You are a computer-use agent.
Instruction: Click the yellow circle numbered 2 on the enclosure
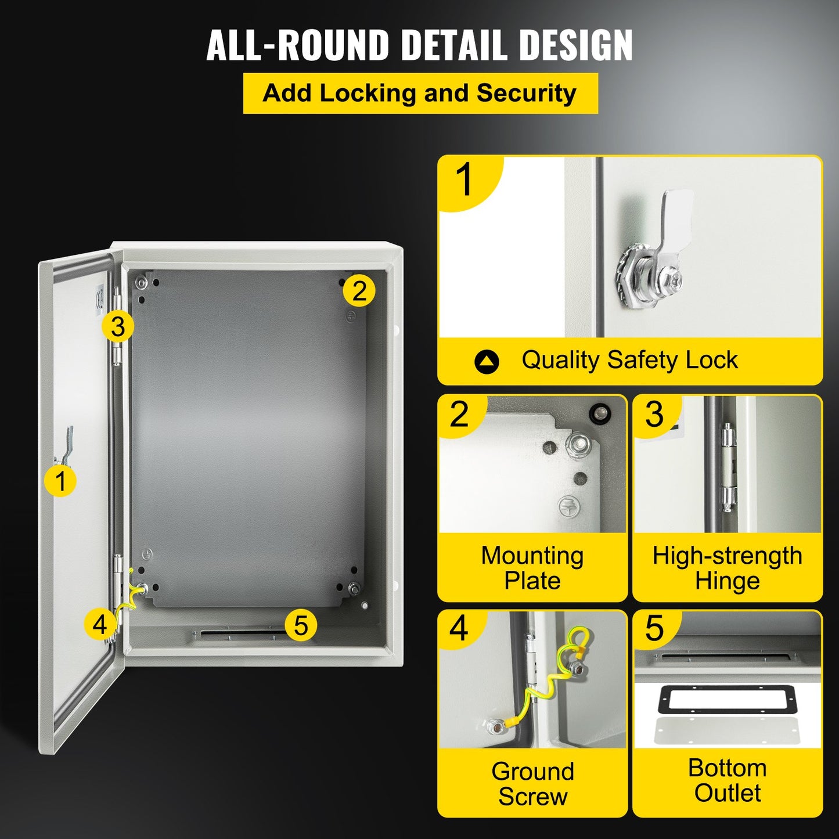pyautogui.click(x=359, y=290)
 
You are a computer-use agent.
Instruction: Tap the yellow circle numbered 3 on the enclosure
pyautogui.click(x=118, y=326)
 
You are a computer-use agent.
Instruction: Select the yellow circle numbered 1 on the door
pyautogui.click(x=60, y=481)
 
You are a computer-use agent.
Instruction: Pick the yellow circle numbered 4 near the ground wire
pyautogui.click(x=100, y=624)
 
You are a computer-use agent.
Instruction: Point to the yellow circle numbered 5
pyautogui.click(x=300, y=625)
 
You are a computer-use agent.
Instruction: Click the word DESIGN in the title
pyautogui.click(x=575, y=45)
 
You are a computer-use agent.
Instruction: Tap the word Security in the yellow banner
pyautogui.click(x=526, y=93)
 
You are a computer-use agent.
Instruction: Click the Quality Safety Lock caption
pyautogui.click(x=629, y=360)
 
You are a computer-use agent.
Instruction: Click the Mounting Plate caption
pyautogui.click(x=532, y=568)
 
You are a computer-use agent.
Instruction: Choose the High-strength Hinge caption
pyautogui.click(x=727, y=568)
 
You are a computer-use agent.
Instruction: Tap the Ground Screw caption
pyautogui.click(x=532, y=783)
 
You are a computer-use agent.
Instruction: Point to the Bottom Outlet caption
pyautogui.click(x=727, y=780)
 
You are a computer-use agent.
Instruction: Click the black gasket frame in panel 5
pyautogui.click(x=727, y=700)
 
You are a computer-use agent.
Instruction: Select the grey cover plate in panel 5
pyautogui.click(x=727, y=732)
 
